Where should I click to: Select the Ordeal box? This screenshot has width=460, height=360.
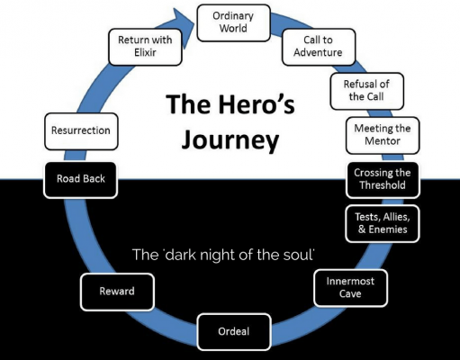tap(233, 330)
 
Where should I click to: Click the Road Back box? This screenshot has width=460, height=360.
tap(81, 179)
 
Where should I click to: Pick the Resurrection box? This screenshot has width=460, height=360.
tap(81, 130)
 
